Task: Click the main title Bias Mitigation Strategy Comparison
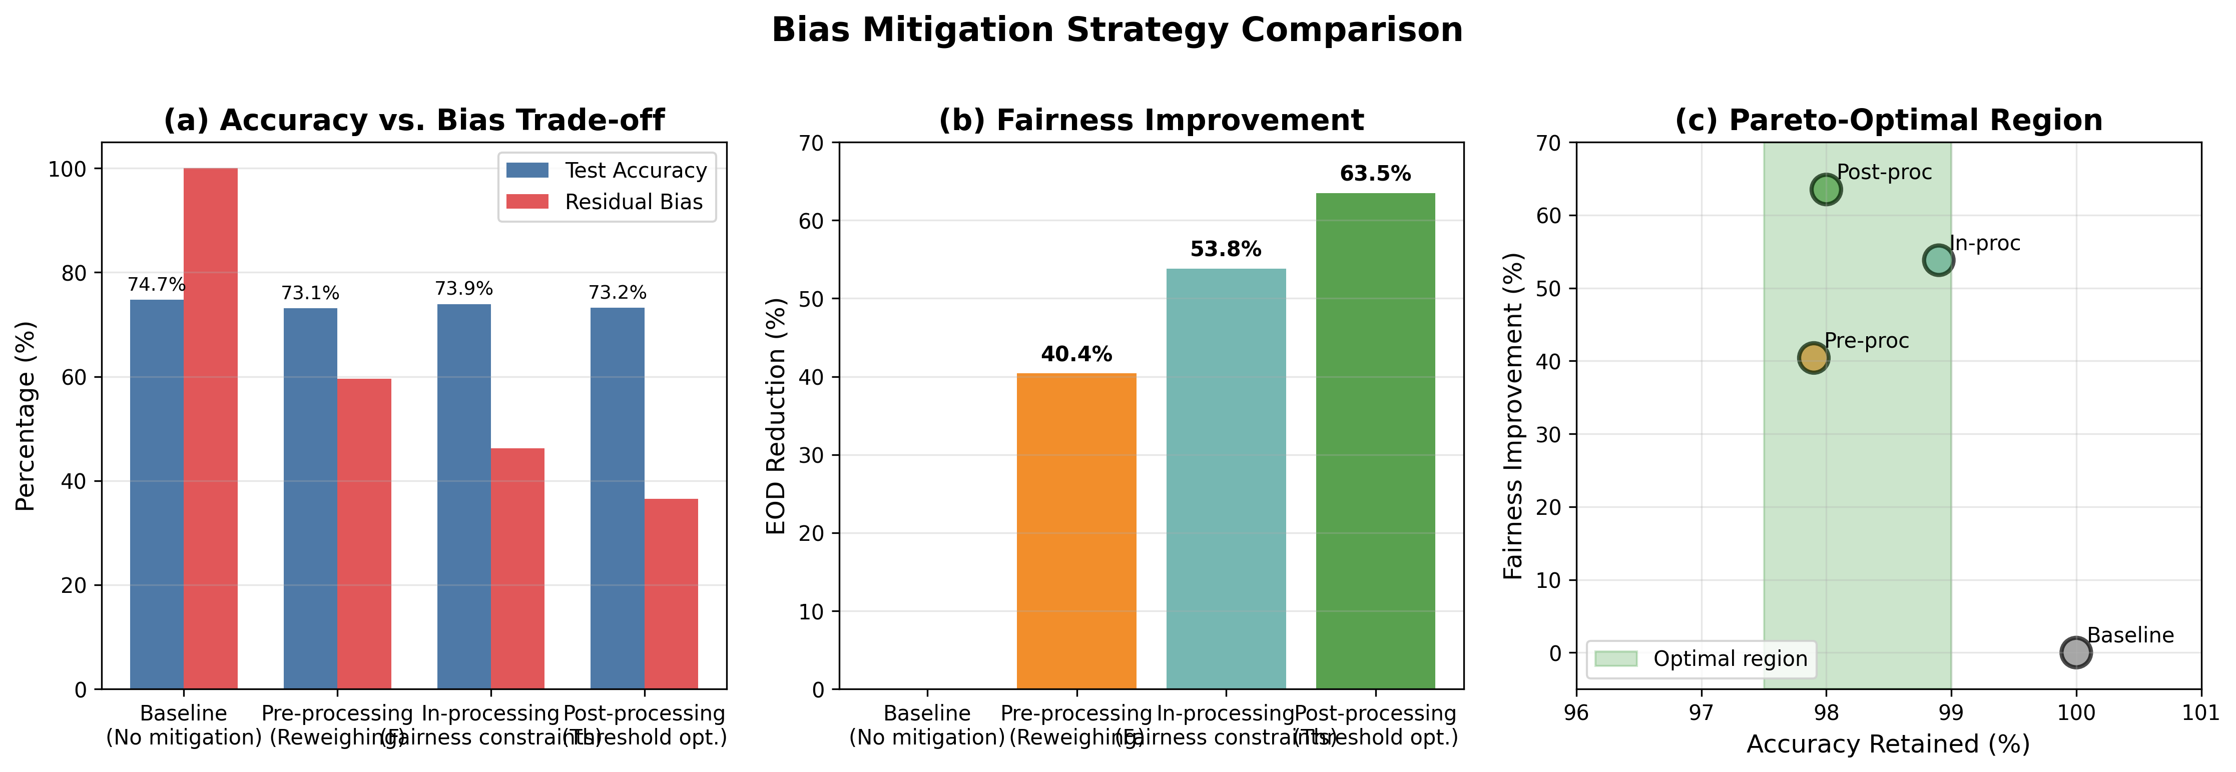coord(1117,31)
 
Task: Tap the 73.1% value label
coord(310,293)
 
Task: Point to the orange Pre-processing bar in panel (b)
coord(1076,531)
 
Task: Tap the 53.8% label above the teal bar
coord(1226,250)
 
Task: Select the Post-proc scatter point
coord(1826,189)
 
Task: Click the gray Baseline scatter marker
coord(2075,652)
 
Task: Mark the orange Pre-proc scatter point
coord(1813,357)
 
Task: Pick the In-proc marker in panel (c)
coord(1938,259)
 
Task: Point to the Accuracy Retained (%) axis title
coord(1888,744)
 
